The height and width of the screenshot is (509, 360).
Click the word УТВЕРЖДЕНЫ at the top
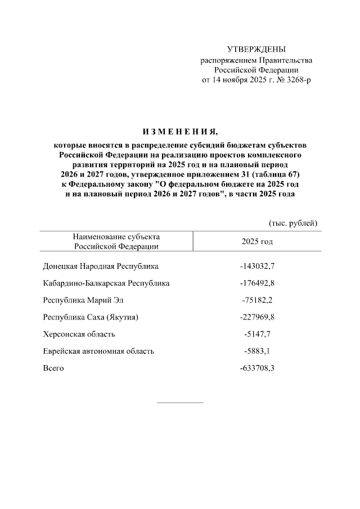(x=256, y=49)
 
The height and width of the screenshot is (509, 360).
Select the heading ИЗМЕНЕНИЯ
(x=179, y=132)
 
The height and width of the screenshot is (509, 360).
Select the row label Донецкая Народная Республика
(x=101, y=266)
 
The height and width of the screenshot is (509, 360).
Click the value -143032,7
(x=256, y=266)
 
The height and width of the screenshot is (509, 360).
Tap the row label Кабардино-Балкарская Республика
(x=106, y=283)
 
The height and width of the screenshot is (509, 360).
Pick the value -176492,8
(x=256, y=283)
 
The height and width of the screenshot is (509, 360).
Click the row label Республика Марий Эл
(x=82, y=300)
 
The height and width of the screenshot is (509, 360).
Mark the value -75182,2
(x=256, y=300)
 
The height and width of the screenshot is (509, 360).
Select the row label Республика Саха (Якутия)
(x=91, y=317)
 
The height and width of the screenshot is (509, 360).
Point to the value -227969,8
(x=256, y=317)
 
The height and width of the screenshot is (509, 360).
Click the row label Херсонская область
(x=79, y=334)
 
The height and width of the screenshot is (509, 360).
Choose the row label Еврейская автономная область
(x=98, y=351)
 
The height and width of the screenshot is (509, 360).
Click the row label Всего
(x=53, y=368)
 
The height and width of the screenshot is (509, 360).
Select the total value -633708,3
(x=256, y=368)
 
